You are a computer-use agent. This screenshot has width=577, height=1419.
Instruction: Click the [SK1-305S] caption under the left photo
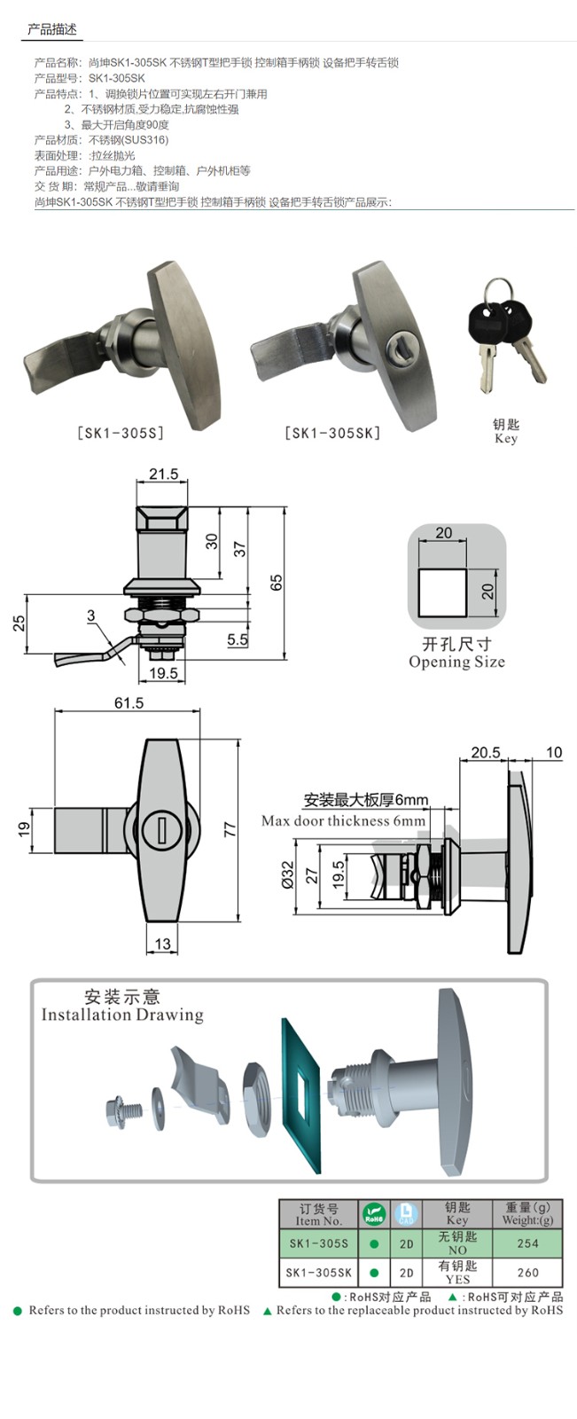tap(120, 434)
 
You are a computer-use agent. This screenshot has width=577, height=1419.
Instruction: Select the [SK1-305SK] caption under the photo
tap(332, 433)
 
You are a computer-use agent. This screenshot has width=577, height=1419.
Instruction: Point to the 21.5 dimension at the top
tap(163, 474)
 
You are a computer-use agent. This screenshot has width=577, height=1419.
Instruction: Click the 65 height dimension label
tap(277, 584)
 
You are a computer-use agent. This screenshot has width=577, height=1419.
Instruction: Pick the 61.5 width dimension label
tap(129, 703)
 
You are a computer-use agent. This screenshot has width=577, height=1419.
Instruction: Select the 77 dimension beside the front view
tap(230, 830)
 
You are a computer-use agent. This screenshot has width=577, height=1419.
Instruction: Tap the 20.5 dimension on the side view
tap(485, 753)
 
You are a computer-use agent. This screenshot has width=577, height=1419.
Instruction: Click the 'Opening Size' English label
tap(456, 662)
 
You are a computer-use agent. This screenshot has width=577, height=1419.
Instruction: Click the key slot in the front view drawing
tap(163, 830)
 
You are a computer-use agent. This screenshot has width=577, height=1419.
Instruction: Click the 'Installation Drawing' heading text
tap(122, 1015)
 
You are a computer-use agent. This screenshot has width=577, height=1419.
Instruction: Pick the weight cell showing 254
tap(527, 1243)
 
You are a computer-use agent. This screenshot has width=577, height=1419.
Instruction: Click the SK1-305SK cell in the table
tap(318, 1273)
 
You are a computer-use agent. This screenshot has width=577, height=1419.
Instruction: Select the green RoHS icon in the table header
tap(374, 1212)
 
